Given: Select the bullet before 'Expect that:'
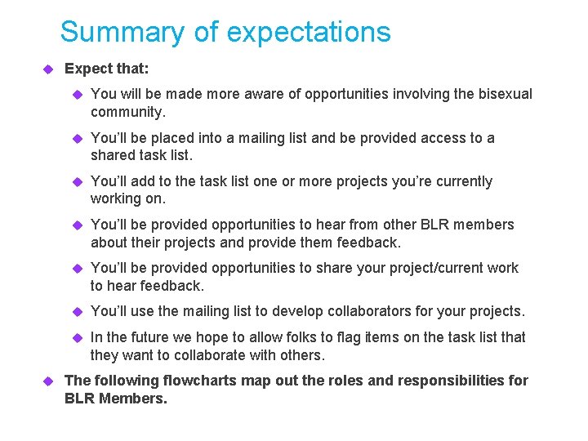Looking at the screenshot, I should tap(47, 69).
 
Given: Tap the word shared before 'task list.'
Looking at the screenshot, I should tap(114, 155).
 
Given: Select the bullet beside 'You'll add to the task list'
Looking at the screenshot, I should tap(78, 181).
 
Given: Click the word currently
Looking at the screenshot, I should tap(463, 181).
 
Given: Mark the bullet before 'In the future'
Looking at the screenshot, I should tap(78, 337).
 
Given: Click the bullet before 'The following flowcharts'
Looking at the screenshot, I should tap(47, 381).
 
